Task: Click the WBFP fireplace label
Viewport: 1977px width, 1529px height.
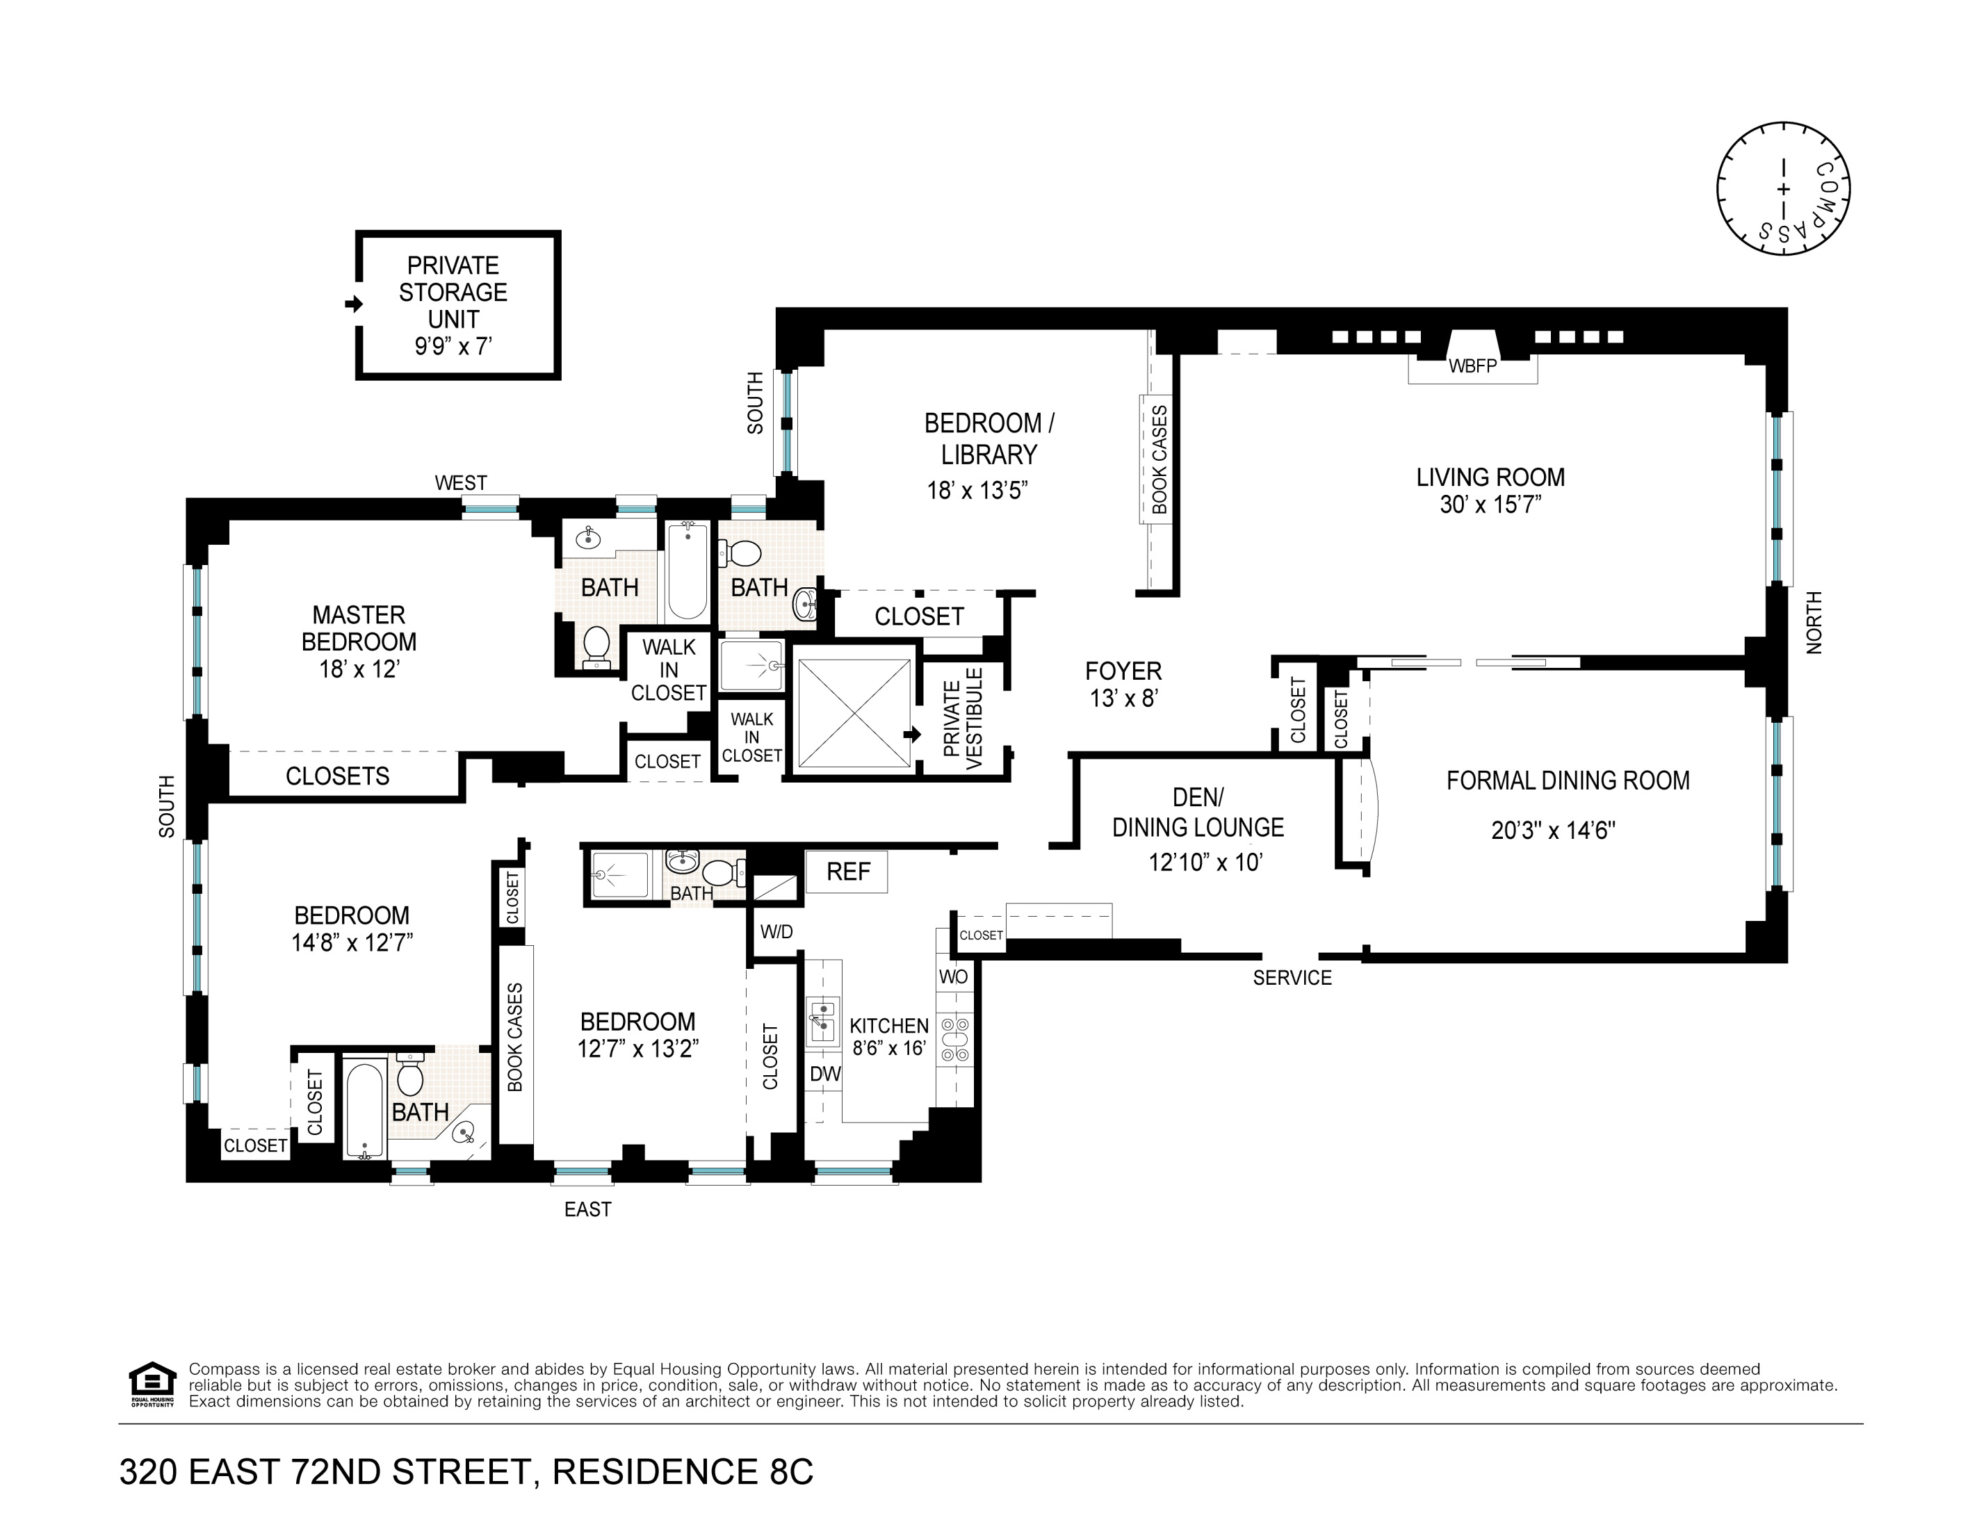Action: coord(1473,367)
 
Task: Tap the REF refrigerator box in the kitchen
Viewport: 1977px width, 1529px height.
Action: coord(847,872)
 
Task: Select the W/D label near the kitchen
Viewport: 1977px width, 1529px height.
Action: coord(776,931)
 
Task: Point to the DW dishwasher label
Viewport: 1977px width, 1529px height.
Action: coord(824,1074)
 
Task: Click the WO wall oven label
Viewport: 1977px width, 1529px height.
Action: coord(953,976)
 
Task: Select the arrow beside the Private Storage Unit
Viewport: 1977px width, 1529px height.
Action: coord(354,304)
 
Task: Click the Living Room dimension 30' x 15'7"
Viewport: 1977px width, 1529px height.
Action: coord(1490,505)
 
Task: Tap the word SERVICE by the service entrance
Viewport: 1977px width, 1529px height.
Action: coord(1292,978)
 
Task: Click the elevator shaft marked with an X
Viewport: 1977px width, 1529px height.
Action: coord(854,713)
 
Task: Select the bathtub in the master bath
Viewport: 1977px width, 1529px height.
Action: coord(688,571)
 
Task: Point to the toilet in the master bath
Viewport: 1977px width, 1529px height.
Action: coord(596,647)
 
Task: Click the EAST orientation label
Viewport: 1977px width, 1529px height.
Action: coord(587,1209)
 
